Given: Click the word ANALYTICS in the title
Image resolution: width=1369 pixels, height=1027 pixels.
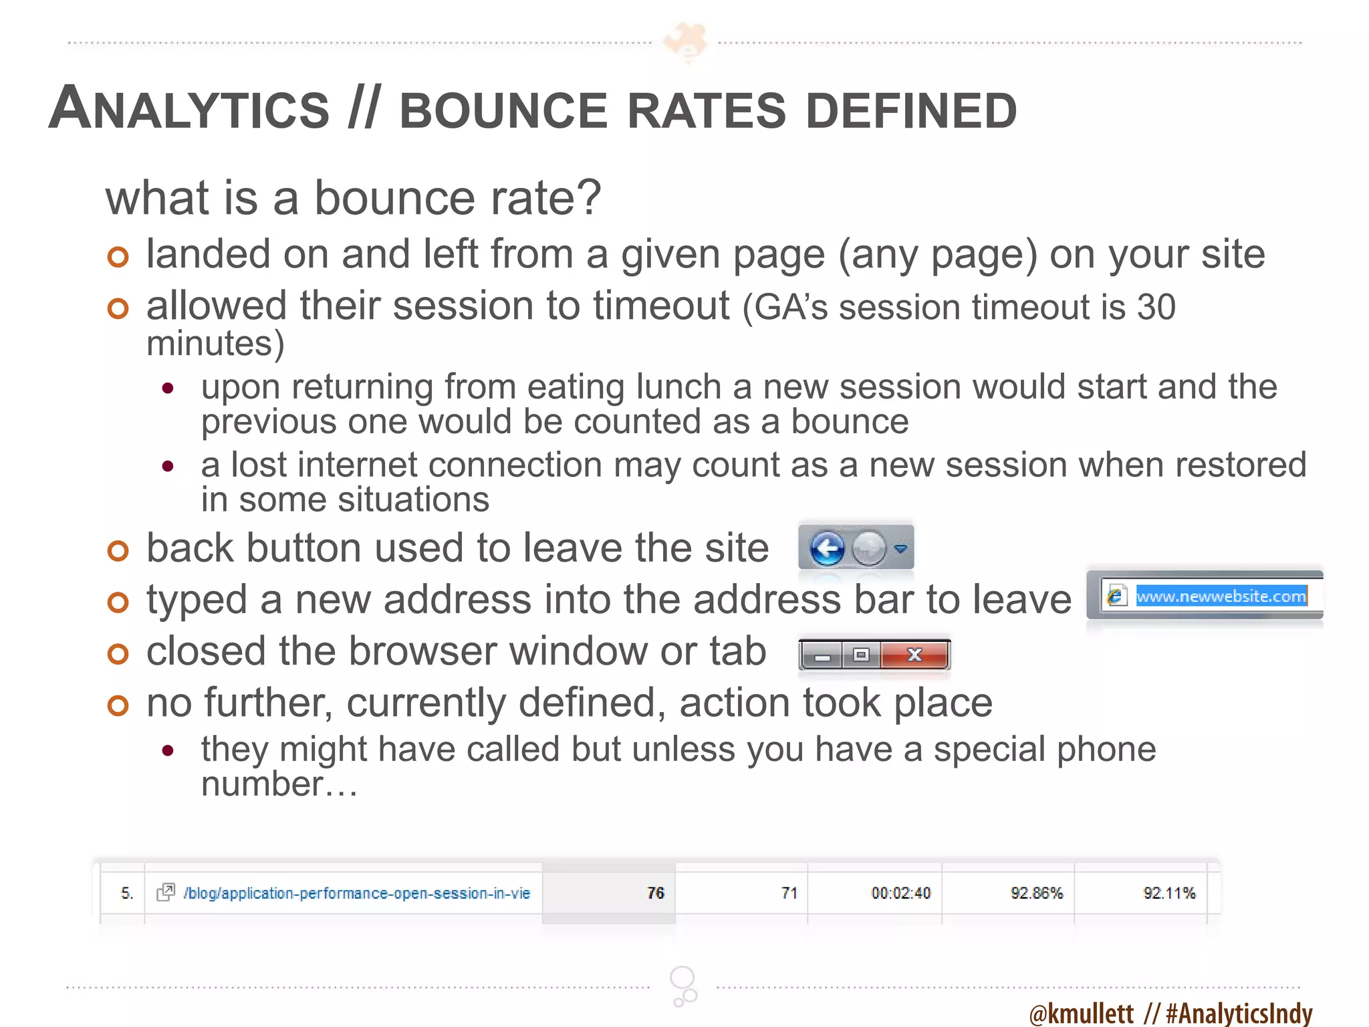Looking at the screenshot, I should [x=190, y=109].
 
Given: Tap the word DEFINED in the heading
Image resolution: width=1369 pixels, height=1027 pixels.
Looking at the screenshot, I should [x=911, y=111].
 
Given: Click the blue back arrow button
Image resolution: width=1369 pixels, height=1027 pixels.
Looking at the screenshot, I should [x=828, y=550].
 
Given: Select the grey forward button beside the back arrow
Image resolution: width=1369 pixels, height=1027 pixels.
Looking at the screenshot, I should [x=869, y=550].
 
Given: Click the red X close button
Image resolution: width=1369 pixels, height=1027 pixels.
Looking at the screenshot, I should [x=914, y=655].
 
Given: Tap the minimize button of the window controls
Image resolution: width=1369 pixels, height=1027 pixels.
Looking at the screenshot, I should [x=822, y=656].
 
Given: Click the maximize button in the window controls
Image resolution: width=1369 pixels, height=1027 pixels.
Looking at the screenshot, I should [x=861, y=655].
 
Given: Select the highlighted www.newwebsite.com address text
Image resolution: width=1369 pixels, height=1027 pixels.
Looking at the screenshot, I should [x=1221, y=596].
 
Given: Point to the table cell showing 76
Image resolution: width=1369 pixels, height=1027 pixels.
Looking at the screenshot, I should [x=655, y=893].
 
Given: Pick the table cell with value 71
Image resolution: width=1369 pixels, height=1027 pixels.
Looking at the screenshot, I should [x=789, y=893].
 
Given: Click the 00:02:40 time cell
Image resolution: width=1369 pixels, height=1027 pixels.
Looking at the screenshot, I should [x=900, y=893].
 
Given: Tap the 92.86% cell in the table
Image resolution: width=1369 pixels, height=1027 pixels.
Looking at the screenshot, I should [x=1036, y=893].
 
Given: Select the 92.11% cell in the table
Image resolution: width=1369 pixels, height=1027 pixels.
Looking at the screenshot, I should [x=1169, y=893].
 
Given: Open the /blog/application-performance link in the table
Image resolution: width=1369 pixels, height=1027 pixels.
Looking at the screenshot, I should [x=356, y=893].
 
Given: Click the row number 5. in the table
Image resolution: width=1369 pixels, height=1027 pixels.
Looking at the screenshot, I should [x=127, y=893].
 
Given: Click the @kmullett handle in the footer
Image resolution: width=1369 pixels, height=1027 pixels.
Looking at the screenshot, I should [x=1082, y=1013].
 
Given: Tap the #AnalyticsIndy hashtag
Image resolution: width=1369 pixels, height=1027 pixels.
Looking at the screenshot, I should [x=1239, y=1013].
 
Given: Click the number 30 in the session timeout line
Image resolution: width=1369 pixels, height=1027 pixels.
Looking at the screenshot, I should [x=1156, y=307].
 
